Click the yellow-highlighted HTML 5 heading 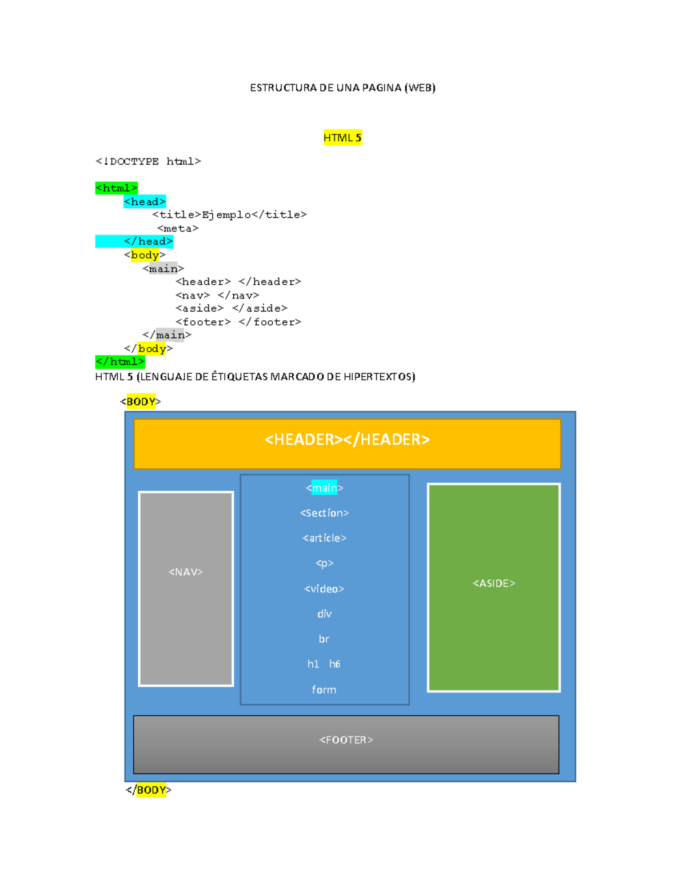coord(342,138)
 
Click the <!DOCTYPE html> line coord(148,162)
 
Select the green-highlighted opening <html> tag coord(117,188)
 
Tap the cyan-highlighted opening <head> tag coord(145,202)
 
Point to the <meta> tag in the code coord(178,229)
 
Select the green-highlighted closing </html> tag coord(120,362)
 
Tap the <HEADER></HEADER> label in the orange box coord(347,440)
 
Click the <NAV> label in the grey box coord(186,572)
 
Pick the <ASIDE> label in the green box coord(494,584)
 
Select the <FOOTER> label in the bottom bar coord(346,740)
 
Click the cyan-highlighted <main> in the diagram coord(324,488)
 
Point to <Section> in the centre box coord(324,513)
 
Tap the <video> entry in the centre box coord(324,589)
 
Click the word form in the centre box coord(324,690)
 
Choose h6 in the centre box coord(335,664)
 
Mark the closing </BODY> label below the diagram coord(149,790)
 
